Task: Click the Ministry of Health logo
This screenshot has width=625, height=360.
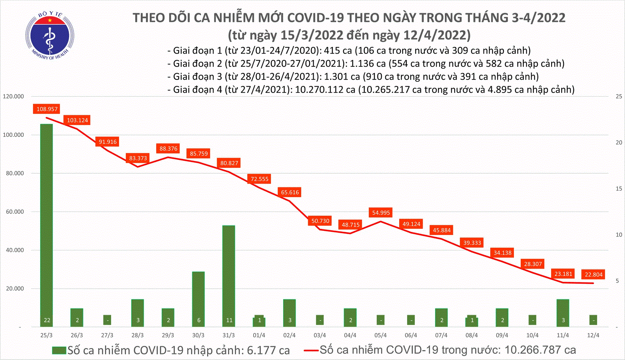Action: pos(50,36)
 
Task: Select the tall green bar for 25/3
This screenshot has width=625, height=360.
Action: pos(47,225)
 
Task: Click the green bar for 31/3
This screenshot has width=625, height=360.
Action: pos(229,276)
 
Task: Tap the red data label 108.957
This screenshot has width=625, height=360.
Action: pos(47,109)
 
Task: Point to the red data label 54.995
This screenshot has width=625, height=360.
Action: pos(381,213)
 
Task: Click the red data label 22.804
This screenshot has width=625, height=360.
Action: pos(593,274)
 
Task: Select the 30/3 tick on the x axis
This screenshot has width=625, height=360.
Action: pos(198,335)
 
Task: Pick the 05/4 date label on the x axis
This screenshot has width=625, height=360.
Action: pos(380,335)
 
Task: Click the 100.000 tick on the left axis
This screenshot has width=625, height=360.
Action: pos(14,135)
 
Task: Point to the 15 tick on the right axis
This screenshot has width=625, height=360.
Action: pos(619,189)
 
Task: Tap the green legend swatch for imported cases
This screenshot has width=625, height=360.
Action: pos(59,350)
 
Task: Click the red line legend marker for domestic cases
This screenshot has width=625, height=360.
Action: pos(311,350)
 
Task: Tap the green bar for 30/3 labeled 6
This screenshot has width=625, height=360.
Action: pos(198,299)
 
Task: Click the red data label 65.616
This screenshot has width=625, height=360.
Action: pos(290,192)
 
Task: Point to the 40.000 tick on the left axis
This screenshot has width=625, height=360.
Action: pos(14,250)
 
